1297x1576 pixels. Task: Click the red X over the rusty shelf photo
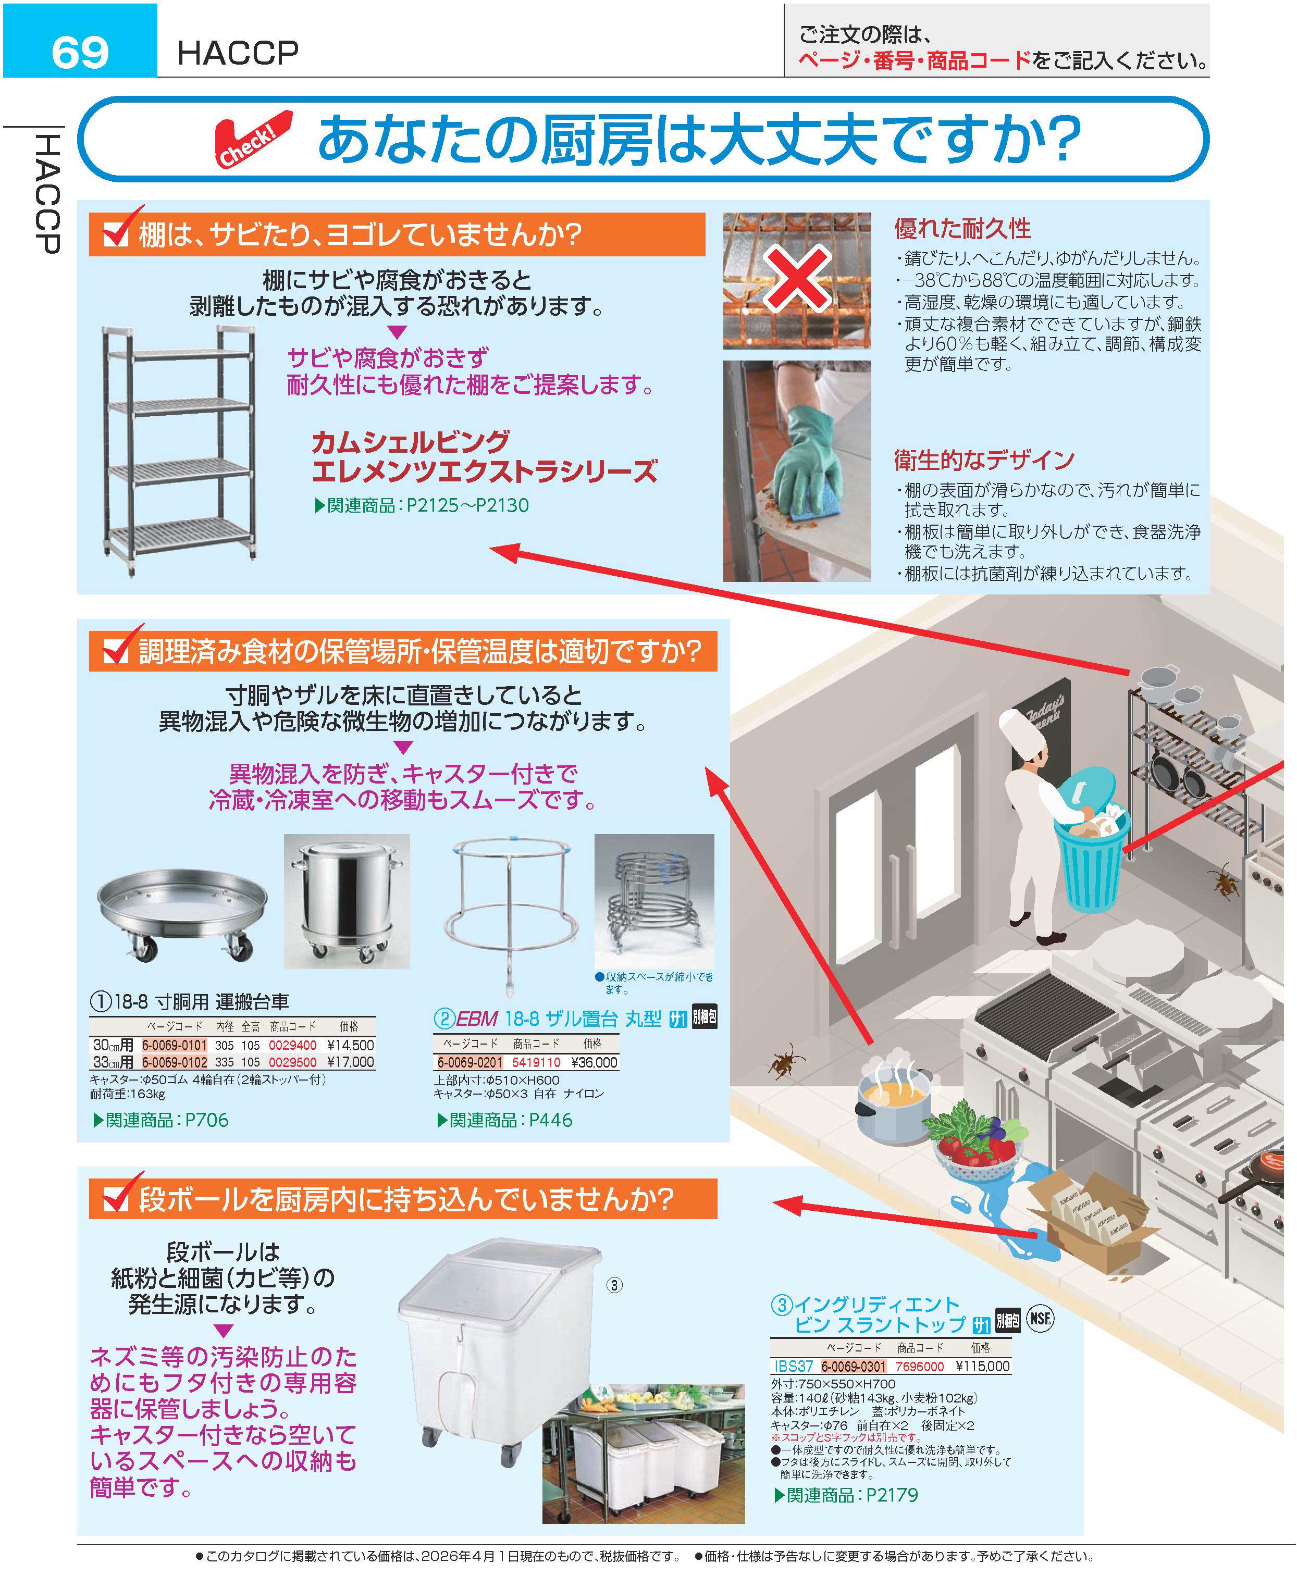(x=796, y=277)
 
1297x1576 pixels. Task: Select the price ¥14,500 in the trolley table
(x=350, y=1046)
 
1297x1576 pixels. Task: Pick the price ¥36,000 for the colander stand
(x=594, y=1062)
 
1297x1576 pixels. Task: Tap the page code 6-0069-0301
(x=853, y=1366)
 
